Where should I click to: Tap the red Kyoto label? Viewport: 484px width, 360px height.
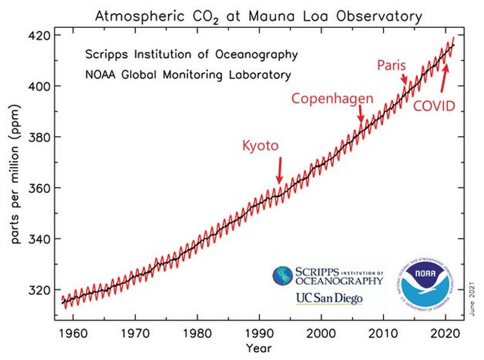click(x=260, y=146)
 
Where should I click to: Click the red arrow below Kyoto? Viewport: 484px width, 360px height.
click(x=280, y=170)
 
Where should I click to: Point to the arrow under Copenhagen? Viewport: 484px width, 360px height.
click(x=361, y=114)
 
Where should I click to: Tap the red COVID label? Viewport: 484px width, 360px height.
click(x=434, y=106)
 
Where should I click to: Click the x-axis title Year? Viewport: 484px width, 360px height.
click(x=259, y=348)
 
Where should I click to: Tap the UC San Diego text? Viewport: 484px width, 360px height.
click(x=328, y=298)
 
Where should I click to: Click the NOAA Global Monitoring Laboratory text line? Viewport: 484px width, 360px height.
click(x=188, y=76)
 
